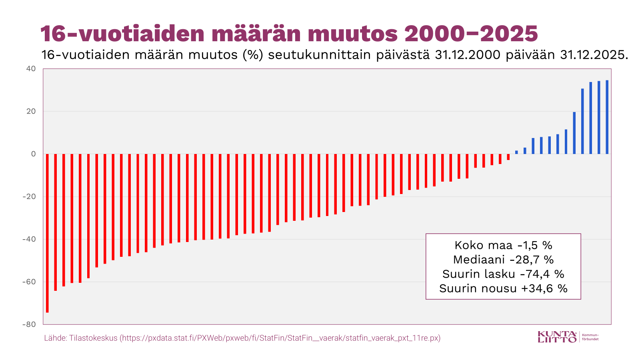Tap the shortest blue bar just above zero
tap(516, 152)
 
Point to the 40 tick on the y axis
tap(31, 69)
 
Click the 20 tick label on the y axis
tap(31, 111)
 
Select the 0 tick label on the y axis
tap(34, 154)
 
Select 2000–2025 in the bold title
tap(471, 34)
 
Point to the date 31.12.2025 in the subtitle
tap(592, 55)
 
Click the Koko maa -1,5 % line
tap(503, 245)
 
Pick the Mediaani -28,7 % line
tap(503, 260)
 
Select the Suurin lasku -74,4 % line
tap(503, 274)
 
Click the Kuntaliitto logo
tap(557, 337)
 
